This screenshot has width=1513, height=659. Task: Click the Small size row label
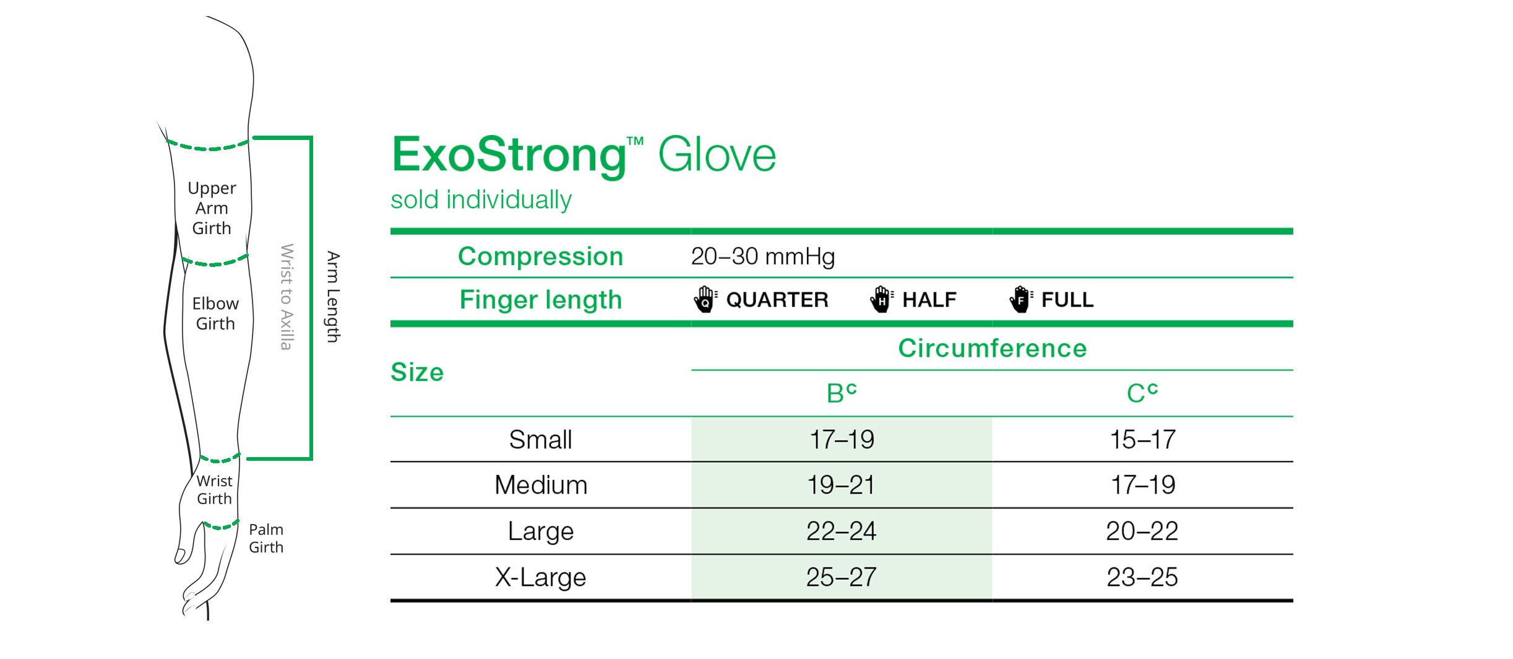click(540, 440)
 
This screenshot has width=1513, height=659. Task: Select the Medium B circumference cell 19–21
click(841, 485)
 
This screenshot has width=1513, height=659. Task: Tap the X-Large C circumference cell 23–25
click(1142, 577)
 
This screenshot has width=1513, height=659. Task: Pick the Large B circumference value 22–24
click(841, 531)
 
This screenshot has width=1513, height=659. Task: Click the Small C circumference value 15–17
click(1142, 440)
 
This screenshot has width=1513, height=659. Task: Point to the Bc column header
click(841, 393)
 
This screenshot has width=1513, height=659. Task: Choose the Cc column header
click(1142, 393)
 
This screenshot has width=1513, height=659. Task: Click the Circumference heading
click(992, 348)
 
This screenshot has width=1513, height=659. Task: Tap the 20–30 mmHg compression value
click(762, 256)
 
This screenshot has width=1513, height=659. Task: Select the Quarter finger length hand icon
click(705, 300)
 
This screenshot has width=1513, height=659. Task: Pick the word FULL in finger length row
click(1067, 300)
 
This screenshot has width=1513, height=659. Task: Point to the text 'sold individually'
click(481, 200)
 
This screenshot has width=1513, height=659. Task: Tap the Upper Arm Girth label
click(212, 208)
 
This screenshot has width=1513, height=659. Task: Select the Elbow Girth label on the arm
click(215, 313)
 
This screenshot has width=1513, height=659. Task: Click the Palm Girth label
click(266, 538)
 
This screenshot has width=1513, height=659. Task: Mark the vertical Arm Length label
click(334, 297)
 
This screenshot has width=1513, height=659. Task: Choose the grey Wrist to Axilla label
click(287, 297)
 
